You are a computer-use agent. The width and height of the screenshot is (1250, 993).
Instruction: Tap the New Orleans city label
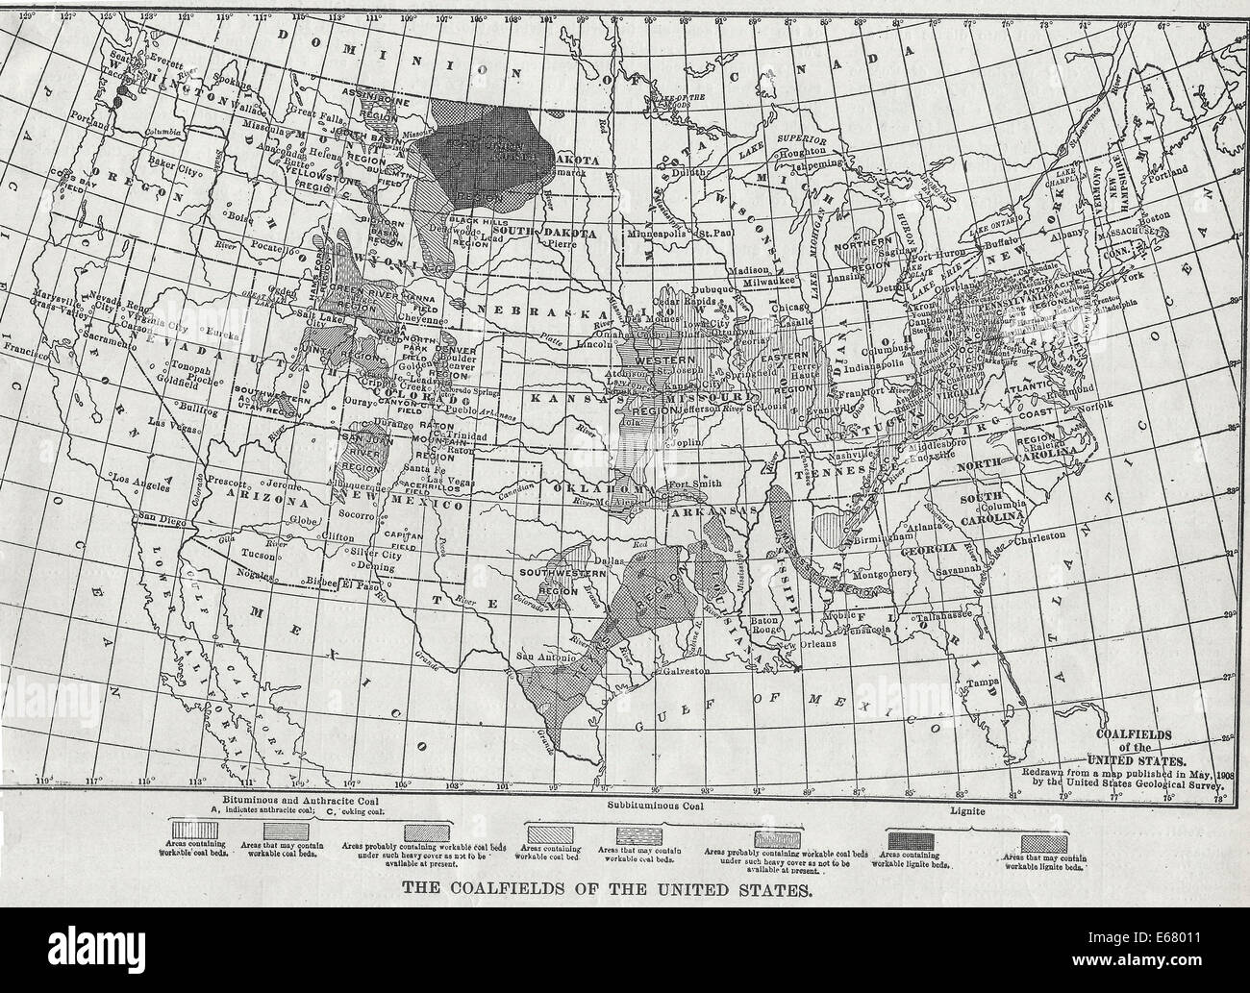(809, 643)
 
